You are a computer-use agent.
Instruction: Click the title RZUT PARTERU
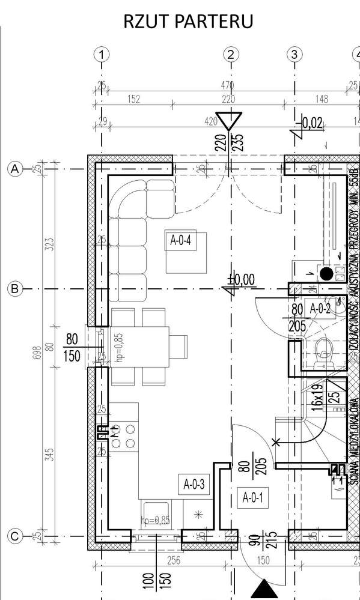(x=188, y=21)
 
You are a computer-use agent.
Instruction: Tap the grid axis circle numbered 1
(x=102, y=55)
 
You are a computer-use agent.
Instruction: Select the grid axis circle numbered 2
(x=231, y=55)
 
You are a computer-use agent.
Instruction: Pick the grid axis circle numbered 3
(x=294, y=55)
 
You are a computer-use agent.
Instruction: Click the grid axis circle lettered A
(x=13, y=169)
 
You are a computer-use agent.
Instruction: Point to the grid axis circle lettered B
(x=13, y=289)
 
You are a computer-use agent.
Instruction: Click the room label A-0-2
(x=320, y=308)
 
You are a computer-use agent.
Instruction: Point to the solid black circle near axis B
(x=326, y=274)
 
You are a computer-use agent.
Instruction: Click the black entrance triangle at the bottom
(x=263, y=589)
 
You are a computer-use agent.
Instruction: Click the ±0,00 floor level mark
(x=242, y=279)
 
